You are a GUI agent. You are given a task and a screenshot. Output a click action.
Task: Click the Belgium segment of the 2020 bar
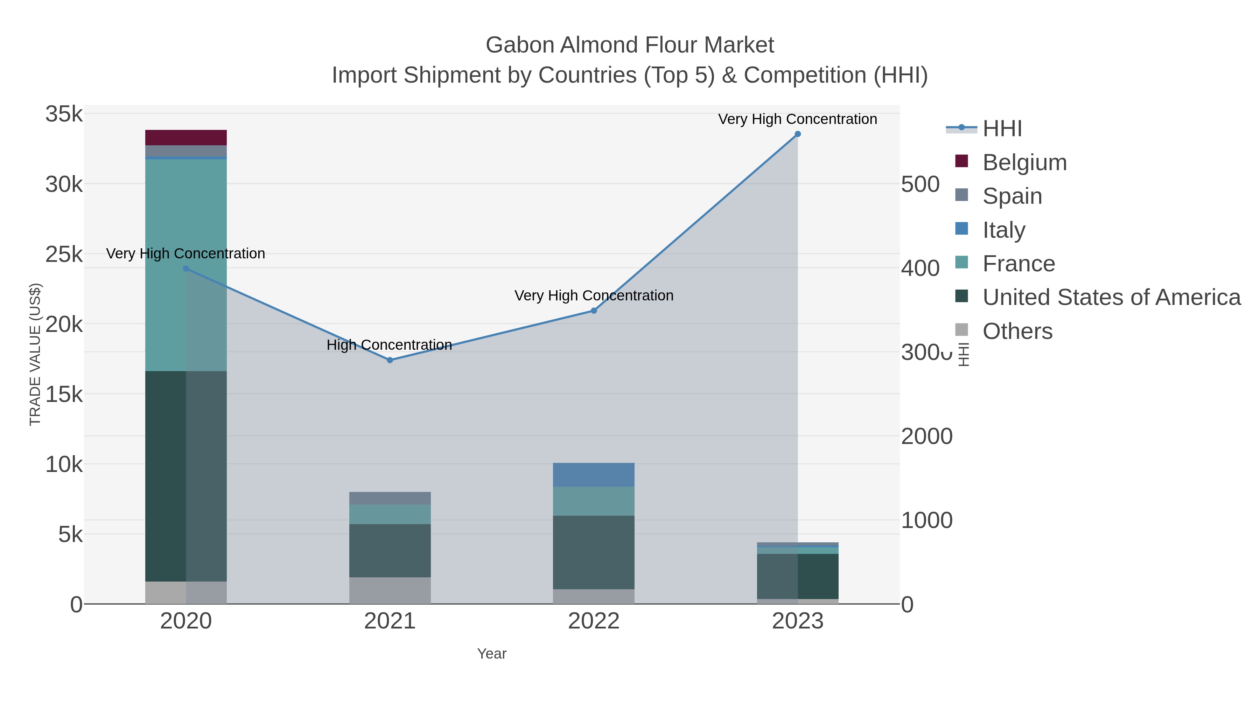pyautogui.click(x=186, y=138)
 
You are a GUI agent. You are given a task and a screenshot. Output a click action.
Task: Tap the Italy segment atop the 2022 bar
pyautogui.click(x=593, y=475)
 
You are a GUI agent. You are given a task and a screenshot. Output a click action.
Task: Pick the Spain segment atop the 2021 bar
pyautogui.click(x=390, y=498)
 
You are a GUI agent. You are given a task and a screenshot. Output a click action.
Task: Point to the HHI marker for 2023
pyautogui.click(x=797, y=134)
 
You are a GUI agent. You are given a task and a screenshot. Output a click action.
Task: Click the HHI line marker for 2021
pyautogui.click(x=390, y=360)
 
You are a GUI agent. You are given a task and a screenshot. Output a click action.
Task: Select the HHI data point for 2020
pyautogui.click(x=186, y=269)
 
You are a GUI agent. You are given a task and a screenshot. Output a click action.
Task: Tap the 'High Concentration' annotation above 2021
pyautogui.click(x=389, y=345)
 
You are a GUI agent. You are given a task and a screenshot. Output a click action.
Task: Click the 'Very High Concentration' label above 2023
pyautogui.click(x=797, y=119)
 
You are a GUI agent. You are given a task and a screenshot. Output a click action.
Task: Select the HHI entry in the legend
pyautogui.click(x=1002, y=129)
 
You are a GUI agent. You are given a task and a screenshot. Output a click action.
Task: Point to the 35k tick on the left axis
pyautogui.click(x=64, y=114)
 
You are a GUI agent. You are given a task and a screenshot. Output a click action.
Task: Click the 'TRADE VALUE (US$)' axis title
pyautogui.click(x=35, y=354)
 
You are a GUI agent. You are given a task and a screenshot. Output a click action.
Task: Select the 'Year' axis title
pyautogui.click(x=492, y=654)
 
